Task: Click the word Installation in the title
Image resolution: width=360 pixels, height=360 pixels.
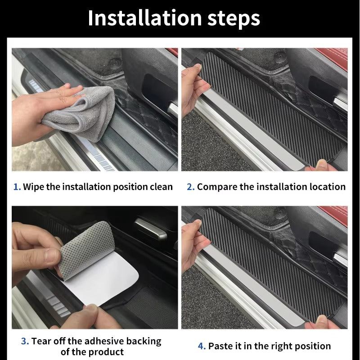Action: [x=145, y=18]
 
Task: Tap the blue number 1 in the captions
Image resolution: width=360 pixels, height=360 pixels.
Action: [x=16, y=187]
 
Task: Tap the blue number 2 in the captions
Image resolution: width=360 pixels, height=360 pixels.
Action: [x=190, y=187]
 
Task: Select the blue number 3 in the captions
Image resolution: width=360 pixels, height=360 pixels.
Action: [x=24, y=341]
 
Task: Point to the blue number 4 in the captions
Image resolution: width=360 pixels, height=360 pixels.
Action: [x=202, y=346]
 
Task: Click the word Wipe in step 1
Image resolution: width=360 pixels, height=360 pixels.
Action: [x=33, y=187]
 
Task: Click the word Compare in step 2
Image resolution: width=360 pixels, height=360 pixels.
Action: [x=216, y=187]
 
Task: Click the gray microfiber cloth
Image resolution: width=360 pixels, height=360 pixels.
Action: [x=85, y=108]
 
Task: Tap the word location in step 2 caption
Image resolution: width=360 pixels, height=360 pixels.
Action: [x=328, y=187]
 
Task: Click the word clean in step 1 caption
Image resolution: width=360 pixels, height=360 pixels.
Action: [x=161, y=187]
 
